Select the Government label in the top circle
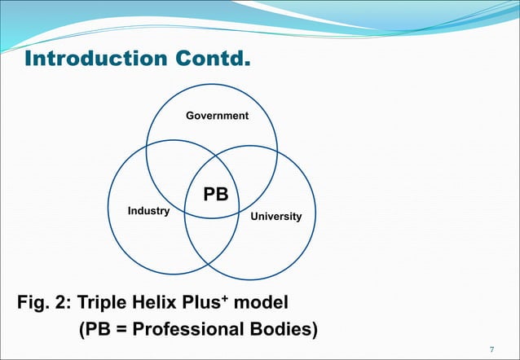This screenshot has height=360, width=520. click(217, 116)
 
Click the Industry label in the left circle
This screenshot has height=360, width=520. click(148, 211)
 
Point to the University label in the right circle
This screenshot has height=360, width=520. click(275, 217)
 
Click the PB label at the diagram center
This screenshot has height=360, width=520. click(216, 194)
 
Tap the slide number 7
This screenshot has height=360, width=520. click(491, 350)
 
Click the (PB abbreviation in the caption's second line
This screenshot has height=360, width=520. click(95, 331)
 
